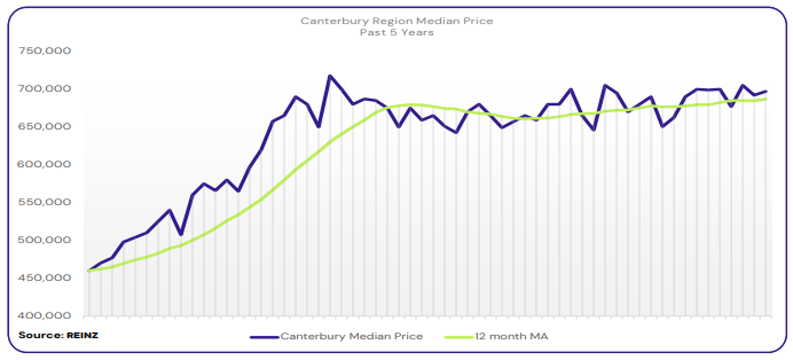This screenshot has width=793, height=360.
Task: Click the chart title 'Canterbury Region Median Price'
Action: click(396, 21)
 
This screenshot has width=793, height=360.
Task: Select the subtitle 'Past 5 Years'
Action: click(396, 32)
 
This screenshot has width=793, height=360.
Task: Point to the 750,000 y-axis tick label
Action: click(46, 51)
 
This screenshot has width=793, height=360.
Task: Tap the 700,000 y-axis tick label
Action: click(46, 89)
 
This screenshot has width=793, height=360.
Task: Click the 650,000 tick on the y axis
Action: click(46, 127)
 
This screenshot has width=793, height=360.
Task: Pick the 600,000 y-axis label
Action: click(46, 164)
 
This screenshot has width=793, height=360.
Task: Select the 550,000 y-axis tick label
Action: click(46, 202)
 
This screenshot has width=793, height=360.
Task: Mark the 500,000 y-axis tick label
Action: click(46, 240)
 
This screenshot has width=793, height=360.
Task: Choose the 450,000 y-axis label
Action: click(46, 278)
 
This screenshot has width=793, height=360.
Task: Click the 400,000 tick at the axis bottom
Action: click(46, 316)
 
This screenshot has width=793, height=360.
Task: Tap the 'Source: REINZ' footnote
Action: click(58, 335)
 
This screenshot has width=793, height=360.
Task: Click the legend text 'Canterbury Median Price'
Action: click(352, 337)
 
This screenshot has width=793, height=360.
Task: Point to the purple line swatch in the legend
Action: click(265, 337)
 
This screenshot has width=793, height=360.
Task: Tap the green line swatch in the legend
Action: click(459, 337)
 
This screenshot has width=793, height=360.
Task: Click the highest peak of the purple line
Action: click(330, 76)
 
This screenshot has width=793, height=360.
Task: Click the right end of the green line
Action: click(766, 99)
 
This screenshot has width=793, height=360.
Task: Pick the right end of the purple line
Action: click(766, 91)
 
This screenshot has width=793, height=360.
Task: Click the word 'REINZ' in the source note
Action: click(82, 335)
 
